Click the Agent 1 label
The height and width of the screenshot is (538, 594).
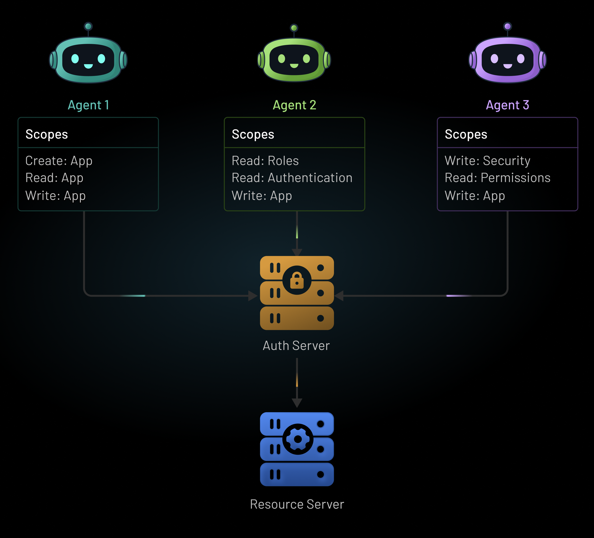point(88,105)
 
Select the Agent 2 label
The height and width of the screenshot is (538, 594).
point(294,105)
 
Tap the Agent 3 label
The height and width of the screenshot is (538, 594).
point(507,105)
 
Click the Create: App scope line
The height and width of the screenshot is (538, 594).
point(59,161)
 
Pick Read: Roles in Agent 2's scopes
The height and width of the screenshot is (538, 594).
point(265,161)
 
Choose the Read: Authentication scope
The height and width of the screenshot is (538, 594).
point(292,178)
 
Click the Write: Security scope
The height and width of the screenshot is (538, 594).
point(487,161)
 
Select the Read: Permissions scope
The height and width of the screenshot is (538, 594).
point(497,178)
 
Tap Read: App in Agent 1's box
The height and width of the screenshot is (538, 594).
point(54,178)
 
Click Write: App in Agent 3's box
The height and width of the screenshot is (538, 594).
point(475,196)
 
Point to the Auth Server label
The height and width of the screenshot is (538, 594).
point(296,346)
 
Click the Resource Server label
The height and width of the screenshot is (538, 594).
point(297,504)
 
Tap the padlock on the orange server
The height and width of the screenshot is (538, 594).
point(297,280)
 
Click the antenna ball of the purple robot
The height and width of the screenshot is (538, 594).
point(507,26)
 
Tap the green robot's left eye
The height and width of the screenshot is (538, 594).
point(282,59)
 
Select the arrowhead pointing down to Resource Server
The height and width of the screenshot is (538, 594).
point(297,403)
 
